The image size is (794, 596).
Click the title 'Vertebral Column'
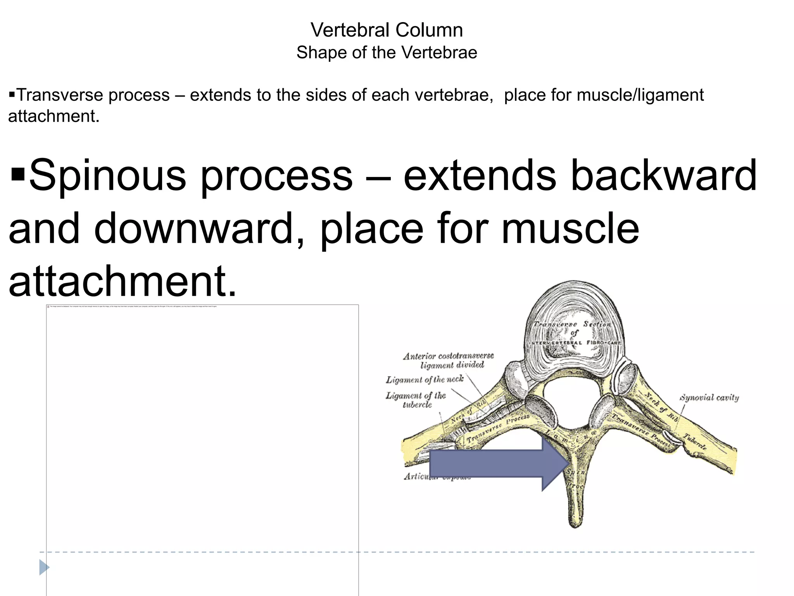tap(387, 30)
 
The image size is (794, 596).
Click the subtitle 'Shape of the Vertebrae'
tap(387, 52)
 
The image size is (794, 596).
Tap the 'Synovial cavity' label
tap(709, 397)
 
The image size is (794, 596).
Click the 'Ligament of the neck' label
tap(425, 379)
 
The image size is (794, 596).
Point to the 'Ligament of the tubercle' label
tap(416, 400)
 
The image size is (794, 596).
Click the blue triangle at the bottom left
tap(44, 567)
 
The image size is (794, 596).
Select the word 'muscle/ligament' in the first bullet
tap(640, 95)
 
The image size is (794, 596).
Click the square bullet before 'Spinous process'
tap(18, 175)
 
